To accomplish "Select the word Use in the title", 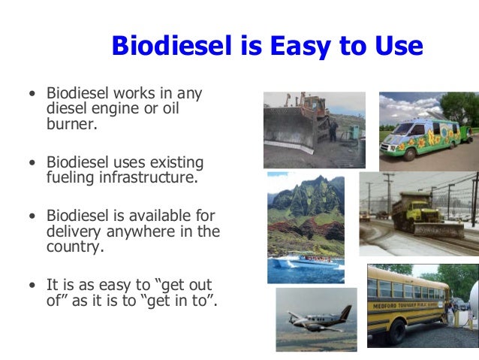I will coord(396,47).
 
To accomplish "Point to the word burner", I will coord(72,124).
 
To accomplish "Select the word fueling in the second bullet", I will coord(73,179).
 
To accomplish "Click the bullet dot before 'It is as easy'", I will coord(32,286).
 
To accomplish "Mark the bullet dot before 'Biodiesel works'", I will coord(32,95).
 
